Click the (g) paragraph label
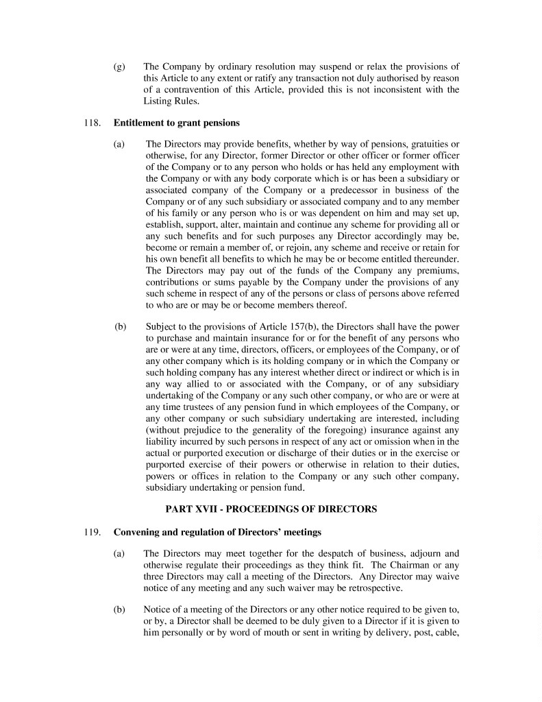pos(120,67)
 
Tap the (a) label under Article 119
pos(120,553)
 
